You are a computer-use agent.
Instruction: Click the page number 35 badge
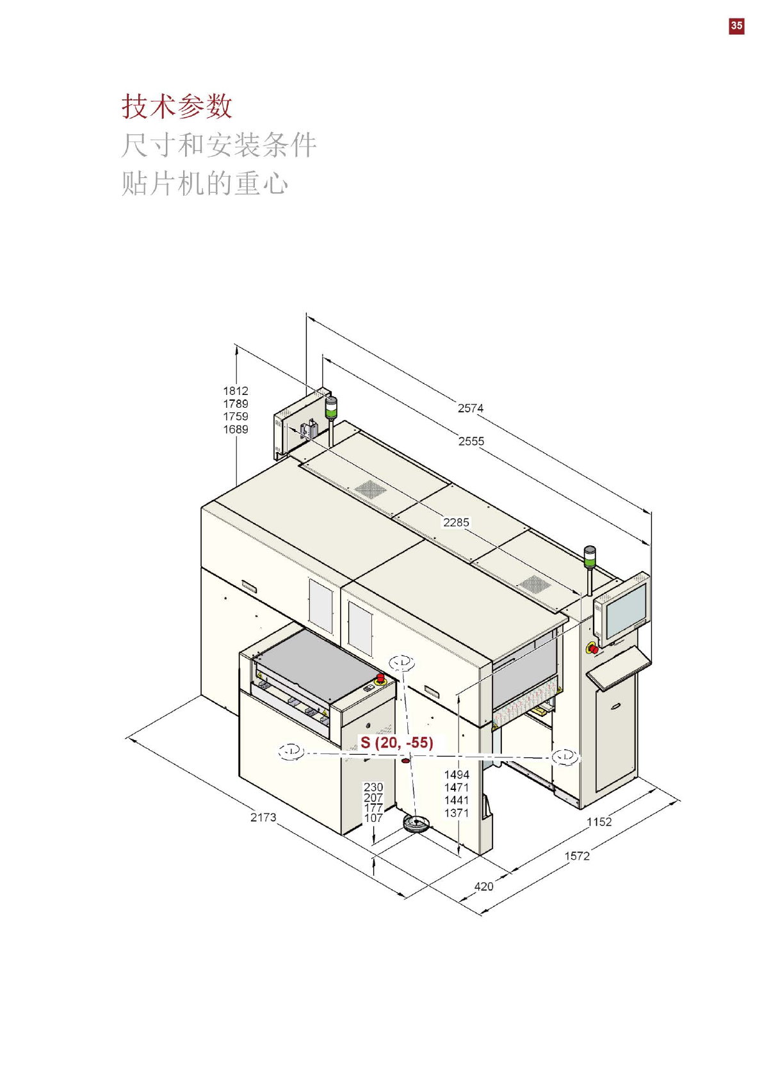click(x=736, y=26)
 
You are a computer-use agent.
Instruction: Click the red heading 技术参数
click(x=177, y=106)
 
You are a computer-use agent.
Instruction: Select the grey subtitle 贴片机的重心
click(x=204, y=183)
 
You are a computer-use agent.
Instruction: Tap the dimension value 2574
click(x=471, y=408)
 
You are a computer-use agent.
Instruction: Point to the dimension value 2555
click(x=471, y=441)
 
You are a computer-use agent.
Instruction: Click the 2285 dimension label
click(x=456, y=522)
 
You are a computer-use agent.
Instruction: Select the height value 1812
click(x=236, y=391)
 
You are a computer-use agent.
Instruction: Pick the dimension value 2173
click(x=263, y=817)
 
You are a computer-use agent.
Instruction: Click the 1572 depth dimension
click(x=577, y=856)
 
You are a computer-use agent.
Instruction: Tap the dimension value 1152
click(x=599, y=822)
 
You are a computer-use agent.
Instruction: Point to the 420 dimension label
click(x=484, y=887)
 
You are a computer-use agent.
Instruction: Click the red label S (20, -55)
click(x=397, y=743)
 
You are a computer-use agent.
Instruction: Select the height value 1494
click(x=457, y=775)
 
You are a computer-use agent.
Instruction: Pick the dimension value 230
click(x=373, y=787)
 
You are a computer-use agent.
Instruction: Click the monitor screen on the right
click(x=626, y=608)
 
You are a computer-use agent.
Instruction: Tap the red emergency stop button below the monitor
click(x=594, y=649)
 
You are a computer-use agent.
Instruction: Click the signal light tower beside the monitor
click(x=590, y=557)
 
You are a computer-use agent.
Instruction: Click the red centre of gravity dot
click(x=405, y=760)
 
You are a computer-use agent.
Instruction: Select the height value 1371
click(x=457, y=813)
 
